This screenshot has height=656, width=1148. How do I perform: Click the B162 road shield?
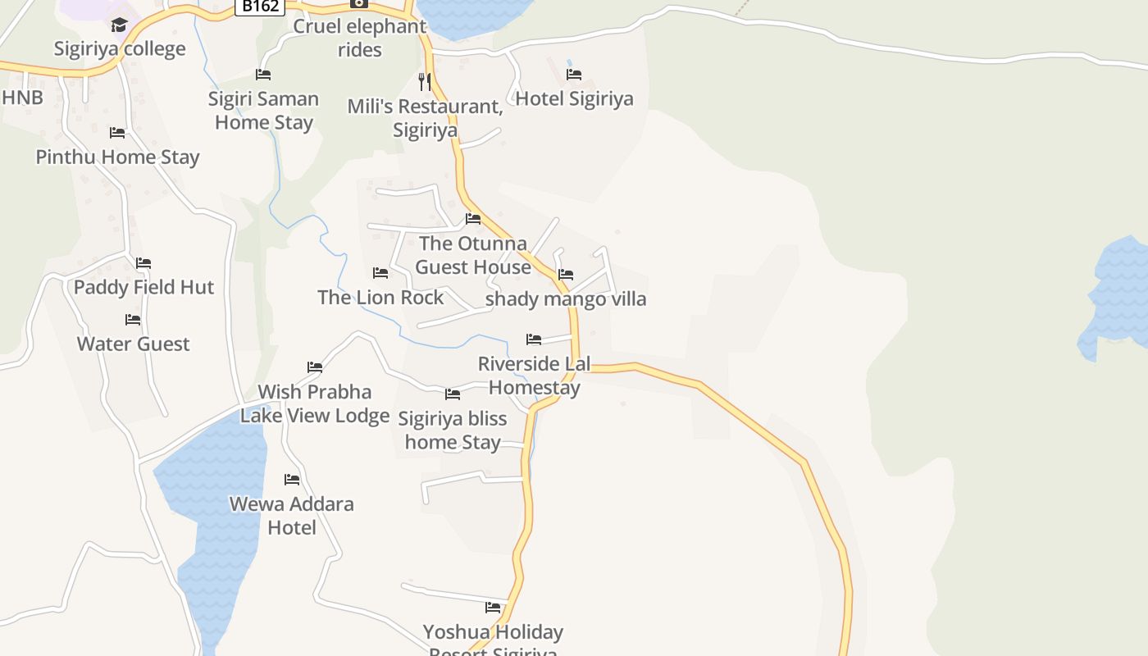pyautogui.click(x=260, y=6)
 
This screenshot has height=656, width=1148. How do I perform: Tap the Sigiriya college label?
pyautogui.click(x=120, y=48)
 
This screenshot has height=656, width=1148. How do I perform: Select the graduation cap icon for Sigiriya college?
pyautogui.click(x=120, y=25)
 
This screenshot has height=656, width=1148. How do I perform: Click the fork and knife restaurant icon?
pyautogui.click(x=424, y=81)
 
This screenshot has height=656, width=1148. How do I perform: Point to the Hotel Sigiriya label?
pyautogui.click(x=574, y=98)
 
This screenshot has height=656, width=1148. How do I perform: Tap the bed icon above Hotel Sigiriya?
pyautogui.click(x=574, y=74)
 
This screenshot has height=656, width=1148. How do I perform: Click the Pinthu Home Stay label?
pyautogui.click(x=117, y=157)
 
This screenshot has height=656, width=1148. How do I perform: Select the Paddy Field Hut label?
pyautogui.click(x=143, y=287)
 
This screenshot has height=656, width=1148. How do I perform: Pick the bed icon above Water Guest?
pyautogui.click(x=133, y=319)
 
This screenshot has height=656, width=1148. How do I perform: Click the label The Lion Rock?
pyautogui.click(x=380, y=297)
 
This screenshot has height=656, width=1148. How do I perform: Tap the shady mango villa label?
pyautogui.click(x=566, y=298)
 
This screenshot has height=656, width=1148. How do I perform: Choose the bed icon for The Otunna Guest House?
pyautogui.click(x=473, y=219)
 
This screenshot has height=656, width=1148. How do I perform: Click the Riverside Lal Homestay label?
pyautogui.click(x=534, y=375)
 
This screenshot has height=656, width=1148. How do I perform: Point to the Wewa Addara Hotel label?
pyautogui.click(x=291, y=515)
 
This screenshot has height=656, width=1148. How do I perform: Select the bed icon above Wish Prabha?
pyautogui.click(x=315, y=367)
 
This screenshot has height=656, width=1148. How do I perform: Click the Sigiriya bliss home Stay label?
pyautogui.click(x=453, y=430)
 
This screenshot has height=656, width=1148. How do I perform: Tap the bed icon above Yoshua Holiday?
pyautogui.click(x=493, y=608)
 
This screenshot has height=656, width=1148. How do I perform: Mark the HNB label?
pyautogui.click(x=22, y=98)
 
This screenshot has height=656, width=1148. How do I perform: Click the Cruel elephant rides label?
pyautogui.click(x=360, y=38)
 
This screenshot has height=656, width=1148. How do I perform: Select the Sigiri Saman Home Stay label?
pyautogui.click(x=263, y=110)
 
